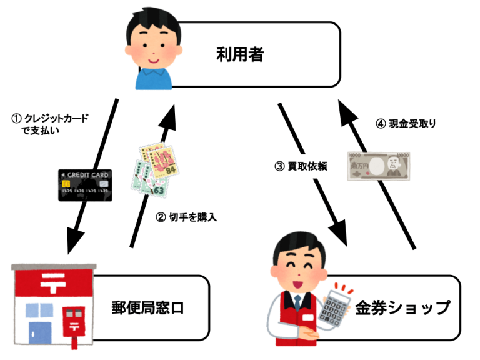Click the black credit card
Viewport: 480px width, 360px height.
[x=85, y=185]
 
